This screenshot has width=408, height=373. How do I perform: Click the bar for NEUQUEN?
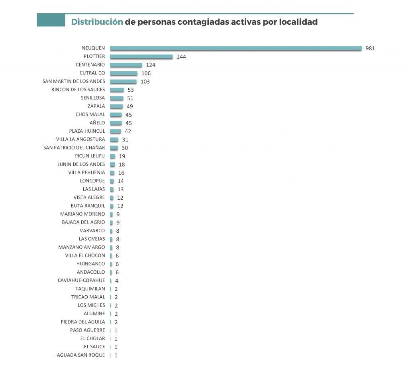coord(236,48)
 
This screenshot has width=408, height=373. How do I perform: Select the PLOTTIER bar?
coord(141,57)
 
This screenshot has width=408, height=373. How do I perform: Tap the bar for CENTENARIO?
coord(126,65)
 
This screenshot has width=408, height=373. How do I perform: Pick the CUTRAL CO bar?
coord(124,73)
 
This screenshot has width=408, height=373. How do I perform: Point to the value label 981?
coord(371,48)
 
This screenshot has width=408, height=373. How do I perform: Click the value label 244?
coord(181,57)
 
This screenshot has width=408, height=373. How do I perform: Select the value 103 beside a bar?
coord(145,82)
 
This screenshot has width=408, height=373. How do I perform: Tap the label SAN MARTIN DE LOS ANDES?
coord(74,81)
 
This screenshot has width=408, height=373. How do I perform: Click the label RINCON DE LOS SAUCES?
coord(78,90)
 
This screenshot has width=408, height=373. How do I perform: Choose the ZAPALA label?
coord(96,106)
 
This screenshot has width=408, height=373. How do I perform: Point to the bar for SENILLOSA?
coord(117,98)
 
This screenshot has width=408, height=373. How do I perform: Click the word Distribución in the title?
coord(97,22)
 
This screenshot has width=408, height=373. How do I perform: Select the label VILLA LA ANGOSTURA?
coord(80,139)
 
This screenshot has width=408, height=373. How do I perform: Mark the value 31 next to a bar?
coord(126,139)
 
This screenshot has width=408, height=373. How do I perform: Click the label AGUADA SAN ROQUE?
coord(81,355)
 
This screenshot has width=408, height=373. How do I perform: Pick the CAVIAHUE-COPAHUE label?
coord(81,280)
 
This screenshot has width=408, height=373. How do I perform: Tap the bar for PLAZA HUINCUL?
coord(116,131)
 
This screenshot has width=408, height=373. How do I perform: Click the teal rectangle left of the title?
coord(51,20)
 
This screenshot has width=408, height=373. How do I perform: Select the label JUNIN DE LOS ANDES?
coord(81,164)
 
